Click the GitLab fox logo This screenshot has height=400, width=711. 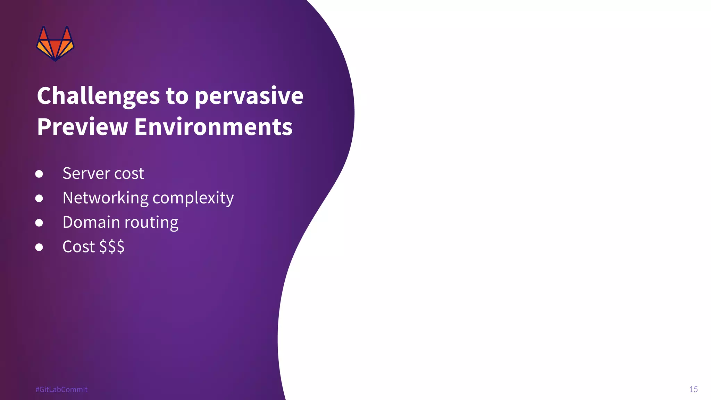click(x=55, y=44)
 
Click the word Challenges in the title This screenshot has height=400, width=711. click(x=98, y=96)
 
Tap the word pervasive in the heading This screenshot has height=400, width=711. click(x=249, y=96)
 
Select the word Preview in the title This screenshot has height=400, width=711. click(x=82, y=127)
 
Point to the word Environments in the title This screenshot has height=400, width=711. click(x=213, y=127)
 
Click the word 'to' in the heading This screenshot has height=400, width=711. click(x=177, y=96)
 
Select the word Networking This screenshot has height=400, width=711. click(x=106, y=198)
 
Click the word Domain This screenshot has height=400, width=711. click(x=91, y=222)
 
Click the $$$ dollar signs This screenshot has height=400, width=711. click(x=112, y=247)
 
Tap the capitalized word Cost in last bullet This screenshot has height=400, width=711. click(x=78, y=247)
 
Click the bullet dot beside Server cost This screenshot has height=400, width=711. click(x=39, y=174)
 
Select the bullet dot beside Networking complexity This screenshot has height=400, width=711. click(x=39, y=198)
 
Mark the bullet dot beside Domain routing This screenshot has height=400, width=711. click(x=39, y=223)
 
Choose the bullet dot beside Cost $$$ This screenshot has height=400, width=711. click(x=39, y=247)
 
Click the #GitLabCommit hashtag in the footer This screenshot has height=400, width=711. click(x=61, y=390)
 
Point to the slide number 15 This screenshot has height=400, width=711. click(x=693, y=389)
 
